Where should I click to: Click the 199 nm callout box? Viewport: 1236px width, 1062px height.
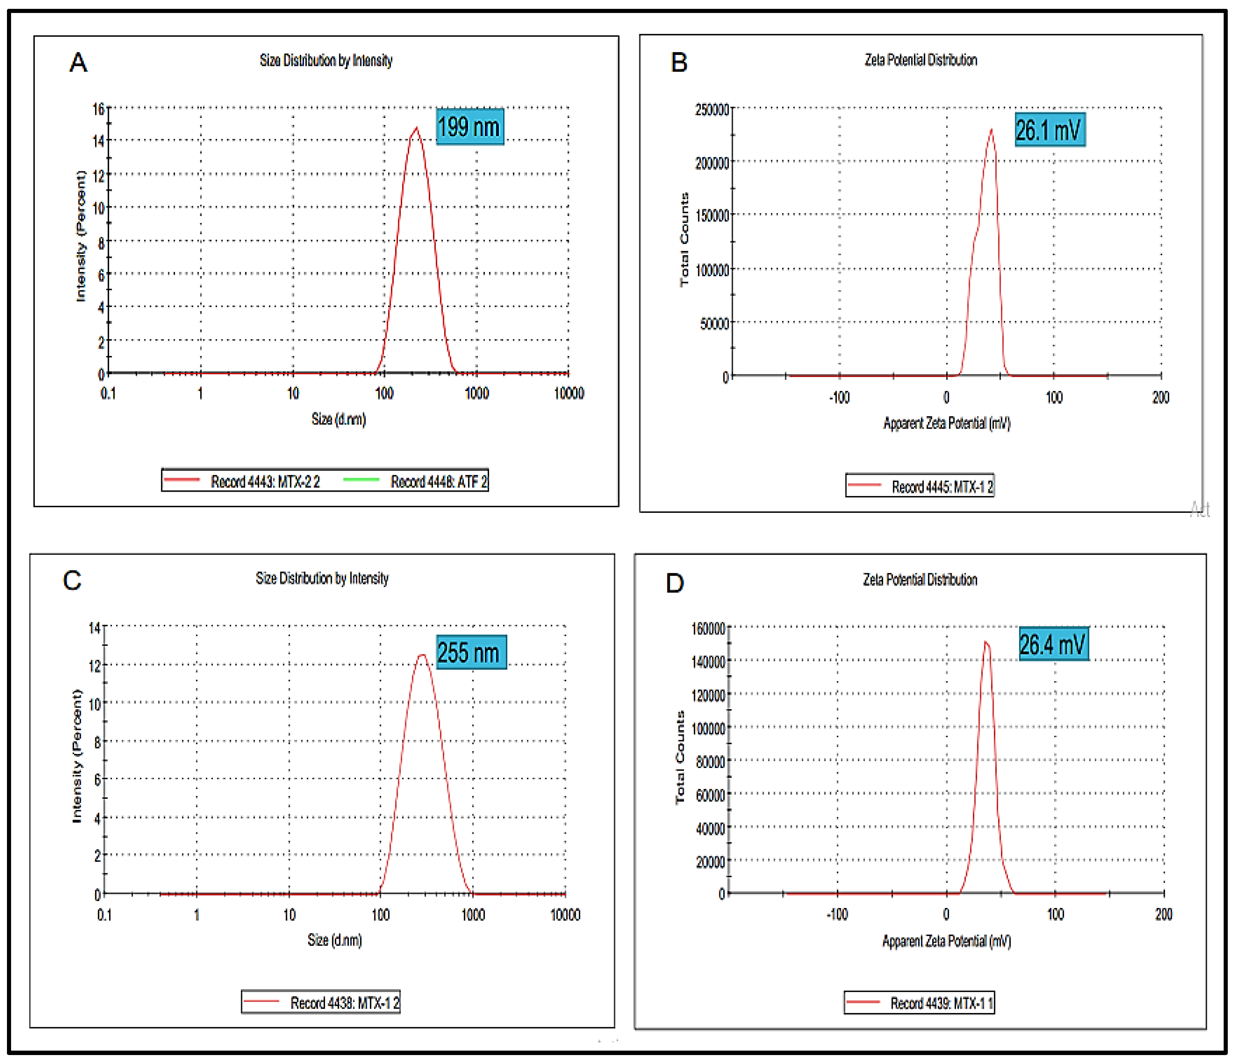point(469,126)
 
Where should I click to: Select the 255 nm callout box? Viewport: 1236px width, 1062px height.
point(471,652)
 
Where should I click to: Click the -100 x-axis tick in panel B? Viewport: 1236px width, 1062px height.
point(839,397)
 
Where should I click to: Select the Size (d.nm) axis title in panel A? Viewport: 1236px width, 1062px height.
point(338,419)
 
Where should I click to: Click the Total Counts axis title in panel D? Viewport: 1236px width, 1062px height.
point(680,757)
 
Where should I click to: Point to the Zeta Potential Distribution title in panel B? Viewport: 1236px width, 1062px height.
point(921,60)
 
